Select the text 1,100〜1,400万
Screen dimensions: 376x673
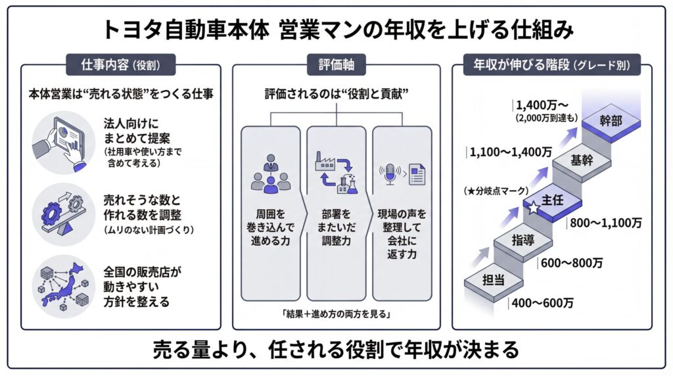pyautogui.click(x=511, y=152)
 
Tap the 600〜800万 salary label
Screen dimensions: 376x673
pyautogui.click(x=571, y=264)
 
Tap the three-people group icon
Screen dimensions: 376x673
pyautogui.click(x=270, y=174)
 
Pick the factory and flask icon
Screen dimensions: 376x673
pyautogui.click(x=336, y=172)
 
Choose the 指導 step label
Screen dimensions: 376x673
pyautogui.click(x=523, y=240)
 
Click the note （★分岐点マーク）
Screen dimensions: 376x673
pyautogui.click(x=494, y=191)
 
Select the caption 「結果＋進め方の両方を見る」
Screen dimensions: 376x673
pyautogui.click(x=336, y=314)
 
